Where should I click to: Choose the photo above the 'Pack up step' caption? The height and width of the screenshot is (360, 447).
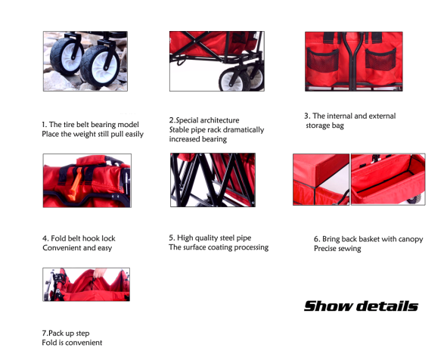[x=86, y=284]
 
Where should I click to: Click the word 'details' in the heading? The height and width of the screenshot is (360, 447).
[x=389, y=306]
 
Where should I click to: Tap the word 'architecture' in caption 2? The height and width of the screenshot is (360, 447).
[x=219, y=120]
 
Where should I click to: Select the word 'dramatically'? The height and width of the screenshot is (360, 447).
[x=243, y=130]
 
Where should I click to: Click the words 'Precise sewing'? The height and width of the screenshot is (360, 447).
[x=337, y=249]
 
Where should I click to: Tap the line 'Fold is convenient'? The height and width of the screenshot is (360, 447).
[x=72, y=343]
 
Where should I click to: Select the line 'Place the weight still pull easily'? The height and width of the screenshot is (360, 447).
[x=92, y=134]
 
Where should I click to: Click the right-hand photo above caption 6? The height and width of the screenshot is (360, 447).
[x=388, y=179]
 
